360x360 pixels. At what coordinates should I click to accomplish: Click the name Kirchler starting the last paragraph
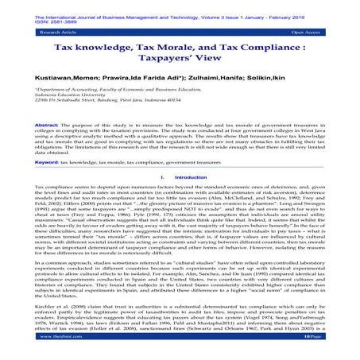click(x=44, y=303)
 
